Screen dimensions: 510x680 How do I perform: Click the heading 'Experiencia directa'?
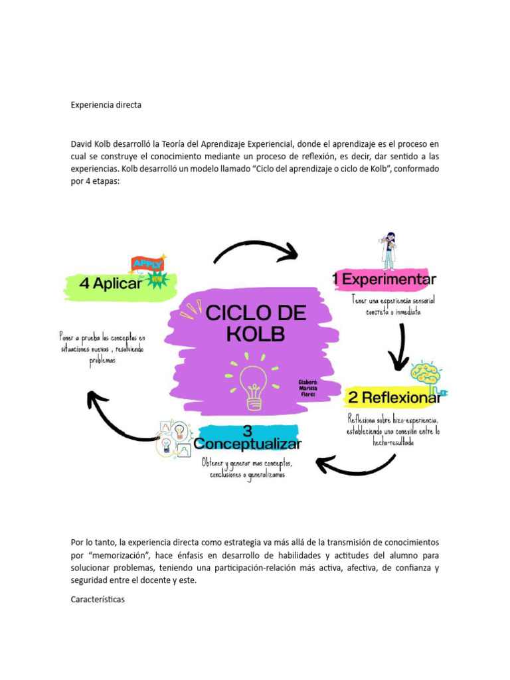click(106, 105)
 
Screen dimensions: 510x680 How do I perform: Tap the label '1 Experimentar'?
click(385, 280)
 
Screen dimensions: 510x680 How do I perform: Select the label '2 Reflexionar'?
click(394, 398)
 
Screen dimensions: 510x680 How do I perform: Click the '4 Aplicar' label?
click(110, 284)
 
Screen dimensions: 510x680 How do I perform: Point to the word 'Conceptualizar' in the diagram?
click(247, 444)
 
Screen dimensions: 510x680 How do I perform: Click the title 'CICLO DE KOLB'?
click(256, 323)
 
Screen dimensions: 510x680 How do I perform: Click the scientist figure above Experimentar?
click(388, 250)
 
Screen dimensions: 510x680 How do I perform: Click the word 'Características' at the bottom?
click(98, 600)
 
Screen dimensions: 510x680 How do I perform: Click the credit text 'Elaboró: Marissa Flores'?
click(310, 388)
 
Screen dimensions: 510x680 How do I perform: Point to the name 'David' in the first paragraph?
click(83, 143)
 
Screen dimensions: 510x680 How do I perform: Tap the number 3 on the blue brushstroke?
click(247, 429)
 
